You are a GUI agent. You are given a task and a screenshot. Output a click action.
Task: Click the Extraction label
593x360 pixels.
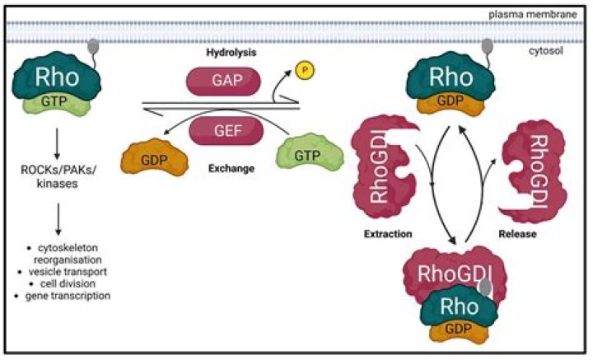(390, 235)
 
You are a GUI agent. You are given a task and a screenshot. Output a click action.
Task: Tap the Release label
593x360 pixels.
(519, 234)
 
